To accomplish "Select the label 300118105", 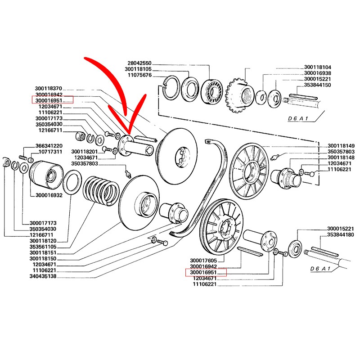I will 138,69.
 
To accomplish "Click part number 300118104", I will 317,67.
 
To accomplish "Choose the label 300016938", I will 317,73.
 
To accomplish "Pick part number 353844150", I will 317,85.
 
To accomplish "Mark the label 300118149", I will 341,146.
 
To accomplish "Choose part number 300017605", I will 204,261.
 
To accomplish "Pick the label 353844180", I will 341,235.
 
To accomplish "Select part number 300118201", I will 84,151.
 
